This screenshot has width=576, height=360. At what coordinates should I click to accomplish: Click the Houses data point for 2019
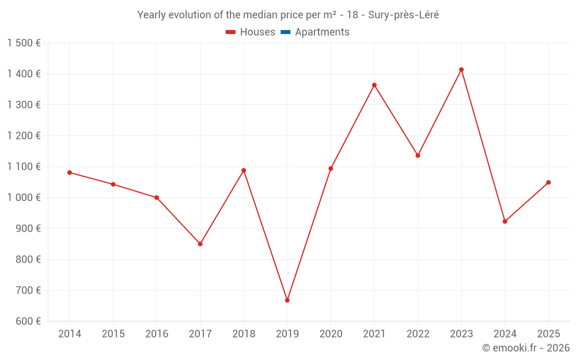287,300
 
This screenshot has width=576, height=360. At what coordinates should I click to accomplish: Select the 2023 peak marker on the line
461,70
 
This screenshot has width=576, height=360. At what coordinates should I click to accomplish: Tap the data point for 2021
374,85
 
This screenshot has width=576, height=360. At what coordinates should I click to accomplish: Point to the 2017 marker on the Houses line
200,244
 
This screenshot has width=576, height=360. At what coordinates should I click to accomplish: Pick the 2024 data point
505,221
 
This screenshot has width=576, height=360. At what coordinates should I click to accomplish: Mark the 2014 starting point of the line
70,172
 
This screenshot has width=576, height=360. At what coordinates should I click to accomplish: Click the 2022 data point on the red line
418,156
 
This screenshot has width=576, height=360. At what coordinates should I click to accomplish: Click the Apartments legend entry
322,32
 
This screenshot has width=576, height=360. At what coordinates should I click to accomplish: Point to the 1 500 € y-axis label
24,43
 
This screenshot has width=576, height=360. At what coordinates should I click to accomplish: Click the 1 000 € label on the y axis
24,198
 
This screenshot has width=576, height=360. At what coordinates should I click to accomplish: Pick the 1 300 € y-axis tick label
24,105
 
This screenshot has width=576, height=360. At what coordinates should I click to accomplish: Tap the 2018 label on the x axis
244,334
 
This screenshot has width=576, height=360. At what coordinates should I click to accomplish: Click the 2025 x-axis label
548,334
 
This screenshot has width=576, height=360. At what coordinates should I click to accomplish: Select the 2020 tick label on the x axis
331,334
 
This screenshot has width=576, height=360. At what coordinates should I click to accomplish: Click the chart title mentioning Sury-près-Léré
288,15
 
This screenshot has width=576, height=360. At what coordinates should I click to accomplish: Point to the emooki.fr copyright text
526,348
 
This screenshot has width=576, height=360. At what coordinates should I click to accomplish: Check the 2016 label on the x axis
157,334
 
